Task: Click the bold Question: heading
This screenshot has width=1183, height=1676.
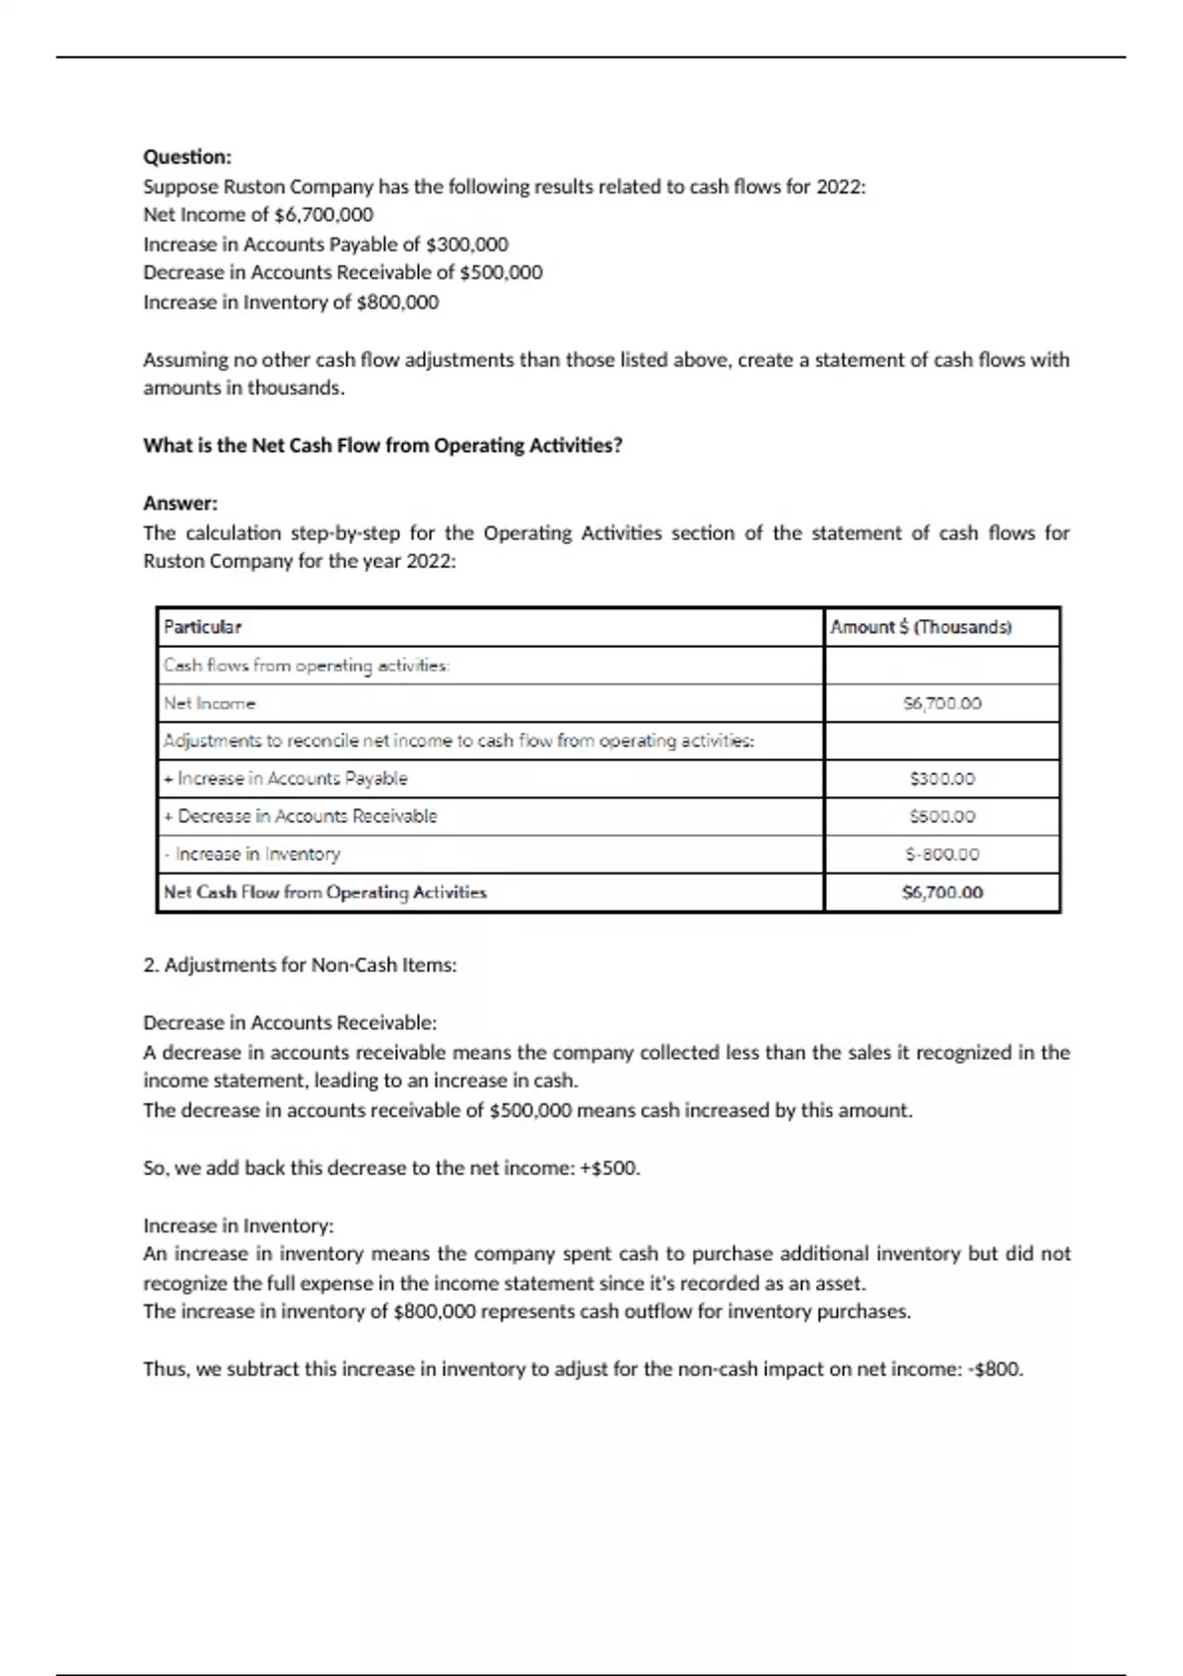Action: [187, 157]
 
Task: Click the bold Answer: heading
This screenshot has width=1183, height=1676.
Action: [180, 503]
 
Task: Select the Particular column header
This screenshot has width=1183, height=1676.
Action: [202, 627]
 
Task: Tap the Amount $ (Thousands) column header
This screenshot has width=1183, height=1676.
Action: [921, 627]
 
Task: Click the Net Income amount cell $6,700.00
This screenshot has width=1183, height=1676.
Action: [942, 704]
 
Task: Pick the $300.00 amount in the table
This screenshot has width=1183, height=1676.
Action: [942, 779]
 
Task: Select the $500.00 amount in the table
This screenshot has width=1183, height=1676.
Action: [942, 816]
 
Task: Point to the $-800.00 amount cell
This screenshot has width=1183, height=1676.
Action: [942, 855]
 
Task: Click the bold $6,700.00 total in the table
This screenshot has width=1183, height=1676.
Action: [942, 892]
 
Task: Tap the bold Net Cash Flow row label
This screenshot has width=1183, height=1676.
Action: [325, 892]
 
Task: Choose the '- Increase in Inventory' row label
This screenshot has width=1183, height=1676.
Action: [252, 855]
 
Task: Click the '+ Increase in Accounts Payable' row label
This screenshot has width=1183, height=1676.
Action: [286, 779]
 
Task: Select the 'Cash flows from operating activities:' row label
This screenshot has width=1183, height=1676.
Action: [307, 665]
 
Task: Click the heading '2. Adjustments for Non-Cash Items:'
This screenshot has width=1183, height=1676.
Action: [300, 965]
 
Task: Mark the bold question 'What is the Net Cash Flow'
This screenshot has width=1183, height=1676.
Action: [383, 446]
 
